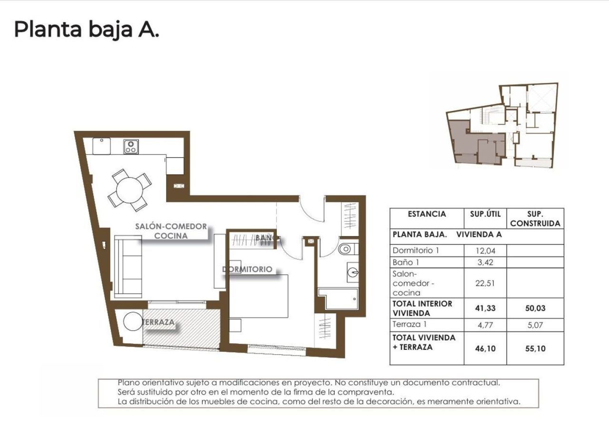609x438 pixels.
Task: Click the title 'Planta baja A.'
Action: coord(86,30)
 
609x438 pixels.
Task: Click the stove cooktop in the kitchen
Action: coord(131,147)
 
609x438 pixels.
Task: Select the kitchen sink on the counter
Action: coord(101,146)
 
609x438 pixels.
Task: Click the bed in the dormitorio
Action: coord(259,296)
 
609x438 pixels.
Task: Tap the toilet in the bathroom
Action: coord(346,249)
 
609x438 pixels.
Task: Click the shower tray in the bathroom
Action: coord(339,299)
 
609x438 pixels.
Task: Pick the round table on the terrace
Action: coord(133,321)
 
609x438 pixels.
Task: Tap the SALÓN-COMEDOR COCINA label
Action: coord(171,231)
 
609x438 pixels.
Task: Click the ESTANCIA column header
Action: coord(427,214)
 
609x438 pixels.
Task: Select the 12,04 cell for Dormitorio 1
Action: coord(485,250)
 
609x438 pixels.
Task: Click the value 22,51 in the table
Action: coord(485,283)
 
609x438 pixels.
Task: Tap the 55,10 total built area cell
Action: coord(535,348)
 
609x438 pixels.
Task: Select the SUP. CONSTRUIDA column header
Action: coord(535,219)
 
